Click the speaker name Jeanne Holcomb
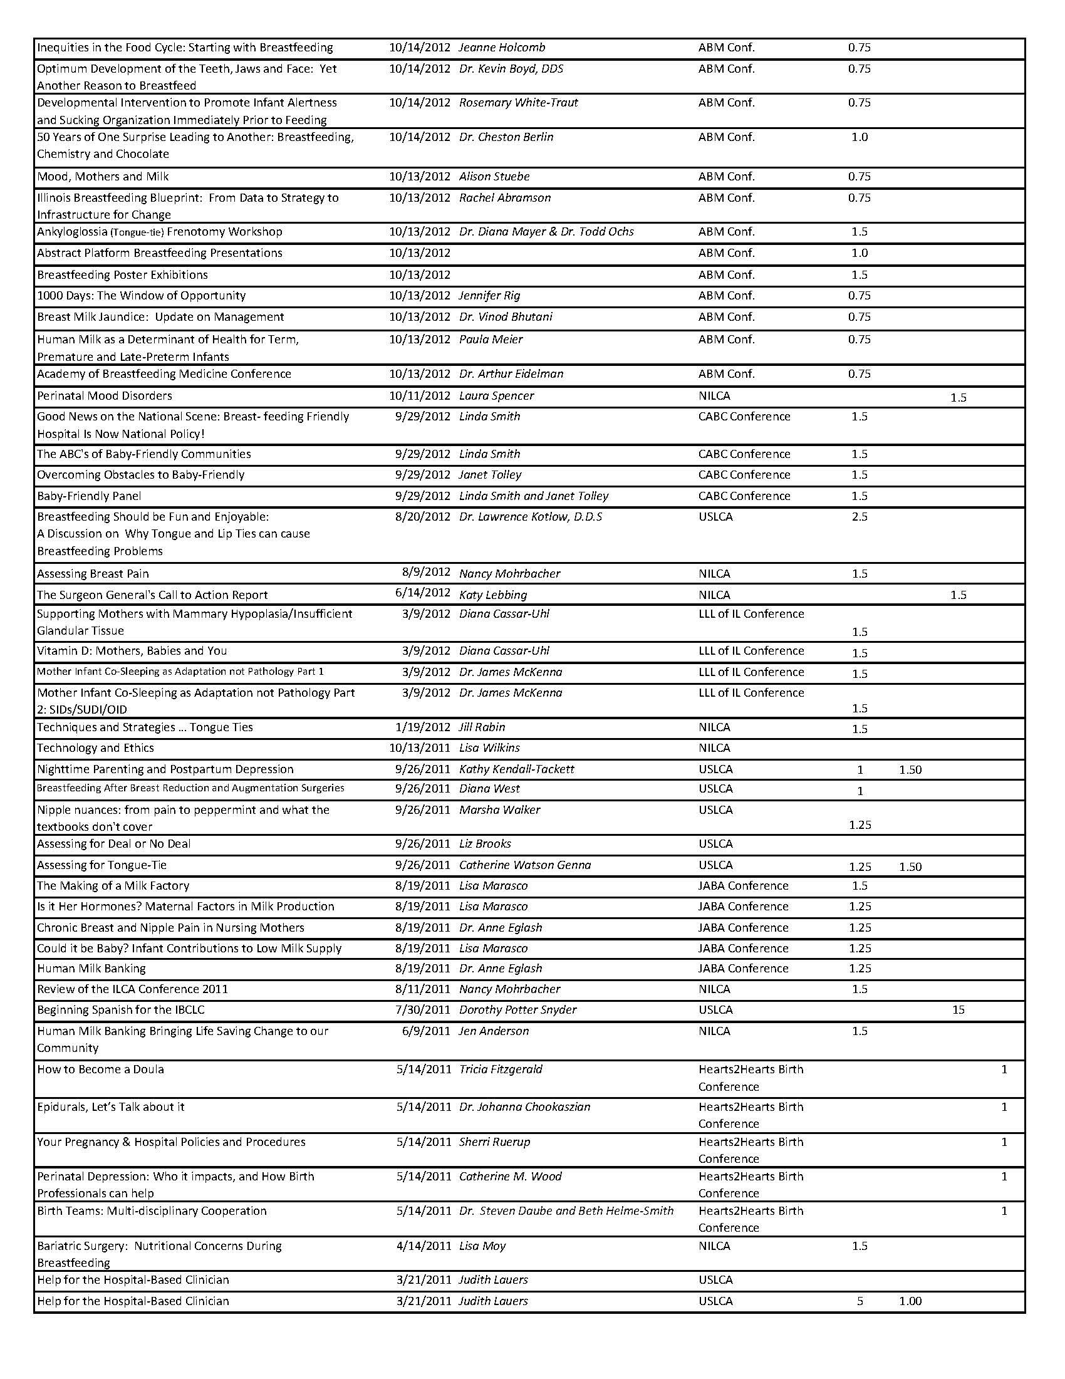(502, 48)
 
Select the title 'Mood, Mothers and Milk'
(103, 177)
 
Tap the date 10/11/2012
(419, 396)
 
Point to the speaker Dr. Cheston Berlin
(506, 137)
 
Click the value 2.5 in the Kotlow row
(859, 516)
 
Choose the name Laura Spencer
(496, 396)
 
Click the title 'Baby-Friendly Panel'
(89, 496)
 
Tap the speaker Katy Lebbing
(493, 595)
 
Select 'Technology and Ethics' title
(95, 748)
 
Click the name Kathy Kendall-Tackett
(516, 769)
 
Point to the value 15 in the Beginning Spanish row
(958, 1009)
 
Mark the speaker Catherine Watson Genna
(524, 865)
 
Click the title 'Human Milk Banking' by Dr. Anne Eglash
(91, 969)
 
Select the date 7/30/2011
(422, 1009)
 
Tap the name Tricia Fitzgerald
(501, 1069)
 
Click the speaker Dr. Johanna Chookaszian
(524, 1107)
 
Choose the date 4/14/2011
(423, 1246)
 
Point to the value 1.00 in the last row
(910, 1301)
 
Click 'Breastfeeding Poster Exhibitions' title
(122, 274)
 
